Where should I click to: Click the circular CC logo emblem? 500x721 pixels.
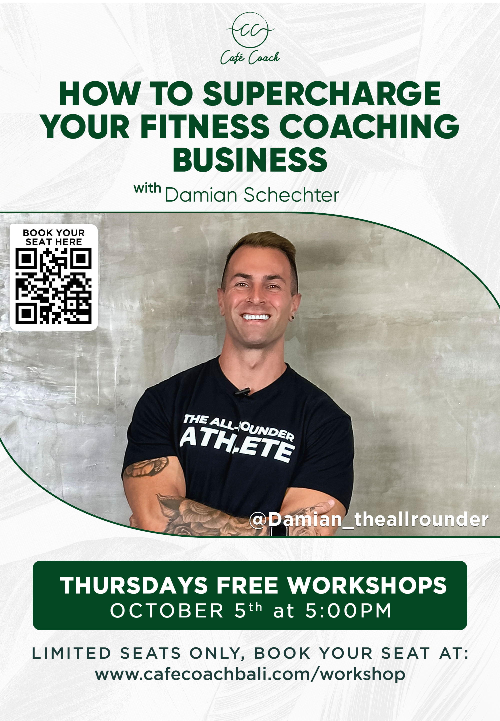coord(250,30)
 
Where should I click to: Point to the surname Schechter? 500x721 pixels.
coord(291,195)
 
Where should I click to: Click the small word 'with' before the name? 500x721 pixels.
coord(147,188)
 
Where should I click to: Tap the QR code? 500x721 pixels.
coord(53,286)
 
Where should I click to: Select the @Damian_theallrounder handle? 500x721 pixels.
coord(369,519)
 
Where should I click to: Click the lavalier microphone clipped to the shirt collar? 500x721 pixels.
coord(243,391)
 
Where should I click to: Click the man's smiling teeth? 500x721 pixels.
coord(256,317)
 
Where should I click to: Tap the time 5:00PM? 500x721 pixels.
coord(348,611)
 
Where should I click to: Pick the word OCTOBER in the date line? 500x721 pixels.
coord(167,611)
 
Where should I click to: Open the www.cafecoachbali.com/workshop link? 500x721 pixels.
coord(250,674)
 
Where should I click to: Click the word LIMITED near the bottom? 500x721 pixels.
coord(71,653)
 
